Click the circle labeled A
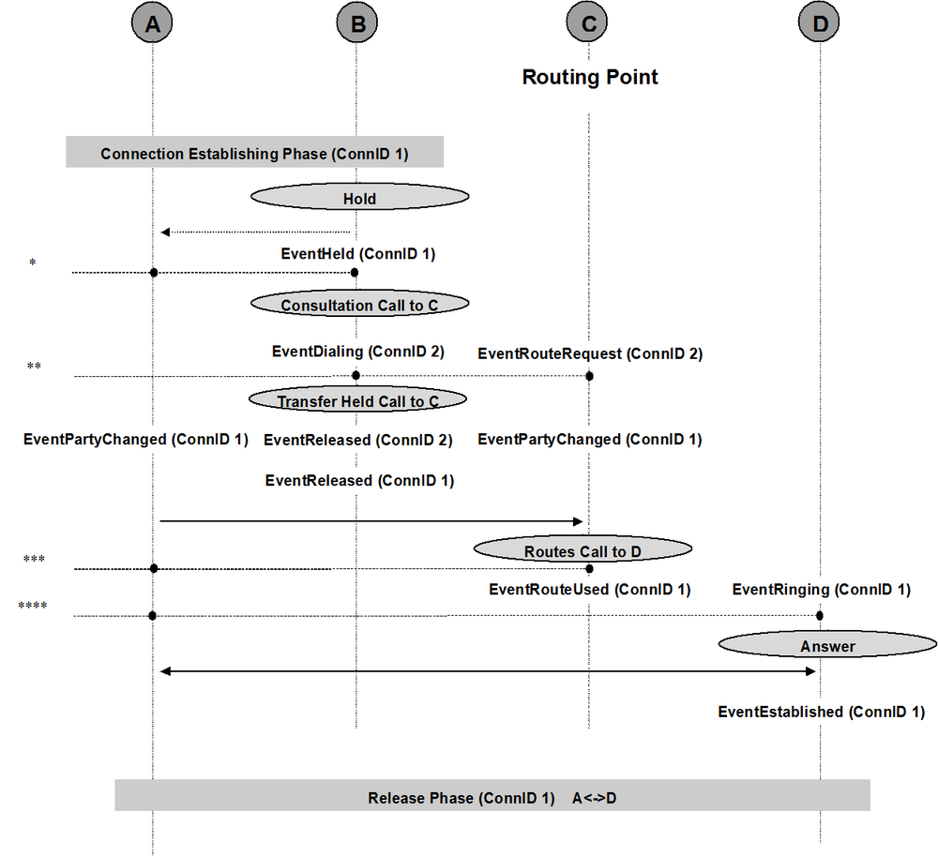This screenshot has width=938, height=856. click(152, 23)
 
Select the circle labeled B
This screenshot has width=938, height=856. click(357, 23)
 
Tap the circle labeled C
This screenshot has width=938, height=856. click(587, 23)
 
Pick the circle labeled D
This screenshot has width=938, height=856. click(819, 23)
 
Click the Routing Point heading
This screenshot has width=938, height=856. click(590, 77)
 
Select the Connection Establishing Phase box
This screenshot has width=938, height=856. click(255, 152)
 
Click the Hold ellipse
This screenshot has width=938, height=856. click(359, 197)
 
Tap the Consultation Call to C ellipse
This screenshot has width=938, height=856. click(359, 304)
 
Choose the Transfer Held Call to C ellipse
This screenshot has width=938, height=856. click(357, 399)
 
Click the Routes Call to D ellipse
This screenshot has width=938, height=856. click(582, 548)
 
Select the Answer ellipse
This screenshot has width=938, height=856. click(828, 644)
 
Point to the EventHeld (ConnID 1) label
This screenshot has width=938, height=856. click(358, 254)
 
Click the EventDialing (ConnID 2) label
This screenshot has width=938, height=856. click(358, 352)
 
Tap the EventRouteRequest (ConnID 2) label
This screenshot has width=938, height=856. click(590, 353)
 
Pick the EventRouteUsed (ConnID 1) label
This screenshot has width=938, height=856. click(590, 590)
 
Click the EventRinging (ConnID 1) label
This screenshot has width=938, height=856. click(822, 590)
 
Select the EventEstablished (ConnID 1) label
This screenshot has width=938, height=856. click(822, 712)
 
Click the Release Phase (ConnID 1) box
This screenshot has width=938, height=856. click(492, 795)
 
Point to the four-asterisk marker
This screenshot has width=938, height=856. click(33, 606)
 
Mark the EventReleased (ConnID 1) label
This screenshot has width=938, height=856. click(359, 481)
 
